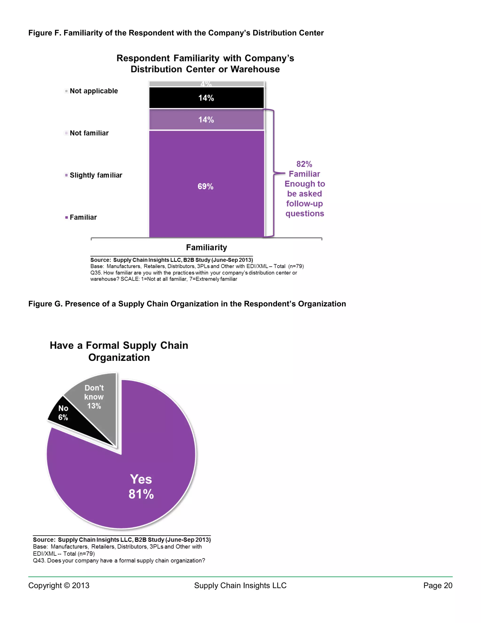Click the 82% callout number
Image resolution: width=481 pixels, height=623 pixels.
pyautogui.click(x=304, y=164)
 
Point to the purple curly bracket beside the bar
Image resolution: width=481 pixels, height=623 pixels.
pyautogui.click(x=274, y=173)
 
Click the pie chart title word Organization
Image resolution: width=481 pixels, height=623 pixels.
pyautogui.click(x=119, y=357)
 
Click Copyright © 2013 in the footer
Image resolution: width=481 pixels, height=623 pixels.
pyautogui.click(x=59, y=585)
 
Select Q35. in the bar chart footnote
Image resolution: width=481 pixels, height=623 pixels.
pyautogui.click(x=96, y=273)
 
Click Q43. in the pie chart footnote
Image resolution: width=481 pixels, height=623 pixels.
pyautogui.click(x=39, y=560)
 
